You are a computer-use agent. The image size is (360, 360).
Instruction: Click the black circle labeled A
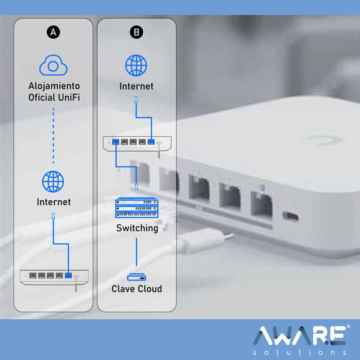pos(53,32)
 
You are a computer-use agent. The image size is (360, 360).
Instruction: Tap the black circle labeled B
pos(136,32)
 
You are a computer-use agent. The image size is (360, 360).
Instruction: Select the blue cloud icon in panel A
pos(53,65)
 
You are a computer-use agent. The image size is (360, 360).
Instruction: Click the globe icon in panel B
pos(136,65)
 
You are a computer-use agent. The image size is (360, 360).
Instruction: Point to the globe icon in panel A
pos(53,181)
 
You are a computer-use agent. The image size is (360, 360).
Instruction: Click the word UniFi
pos(69,97)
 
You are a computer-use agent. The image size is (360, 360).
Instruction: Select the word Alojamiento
pos(54,86)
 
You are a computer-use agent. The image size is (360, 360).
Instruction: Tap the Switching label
pos(137,228)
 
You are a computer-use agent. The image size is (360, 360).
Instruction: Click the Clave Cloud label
pos(137,289)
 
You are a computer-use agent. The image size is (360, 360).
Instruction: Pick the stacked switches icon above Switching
pos(137,207)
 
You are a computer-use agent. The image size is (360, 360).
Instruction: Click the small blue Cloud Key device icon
pos(137,277)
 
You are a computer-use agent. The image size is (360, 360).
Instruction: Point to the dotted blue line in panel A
pos(53,135)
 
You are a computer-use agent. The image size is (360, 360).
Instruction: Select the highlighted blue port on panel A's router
pos(69,275)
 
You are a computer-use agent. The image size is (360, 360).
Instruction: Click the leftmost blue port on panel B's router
pos(116,142)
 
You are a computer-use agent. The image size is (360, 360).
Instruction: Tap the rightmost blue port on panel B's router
pos(151,142)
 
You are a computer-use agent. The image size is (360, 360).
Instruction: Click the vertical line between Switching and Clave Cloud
pos(137,252)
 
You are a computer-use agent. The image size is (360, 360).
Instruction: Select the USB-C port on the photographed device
pos(290,217)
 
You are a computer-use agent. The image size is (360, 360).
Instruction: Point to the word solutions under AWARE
pos(300,352)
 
